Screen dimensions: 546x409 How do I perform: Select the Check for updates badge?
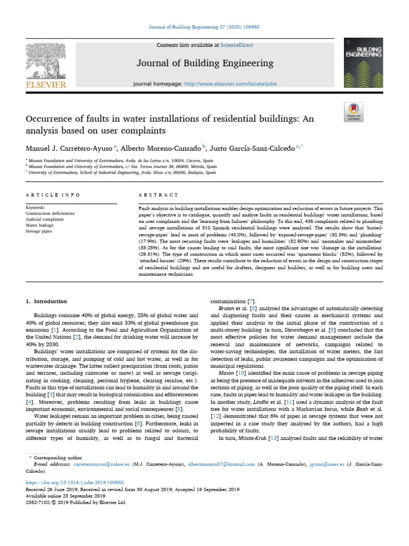pyautogui.click(x=354, y=110)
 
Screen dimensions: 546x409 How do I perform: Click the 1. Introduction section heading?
pyautogui.click(x=47, y=301)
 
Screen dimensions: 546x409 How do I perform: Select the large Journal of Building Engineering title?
pyautogui.click(x=205, y=63)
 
